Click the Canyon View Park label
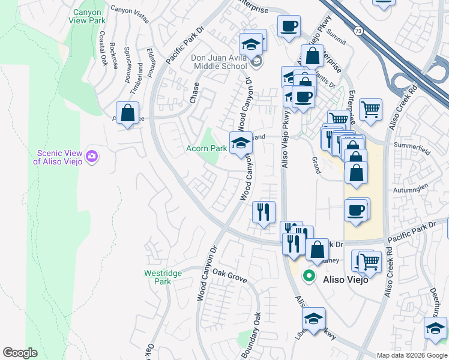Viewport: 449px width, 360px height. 89,17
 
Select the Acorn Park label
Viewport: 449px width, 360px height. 205,148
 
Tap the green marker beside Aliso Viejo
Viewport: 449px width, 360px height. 309,276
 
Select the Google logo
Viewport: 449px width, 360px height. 20,353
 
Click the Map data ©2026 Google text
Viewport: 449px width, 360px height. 412,355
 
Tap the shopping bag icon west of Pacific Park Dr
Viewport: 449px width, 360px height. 127,112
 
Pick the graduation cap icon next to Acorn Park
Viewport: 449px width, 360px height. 241,143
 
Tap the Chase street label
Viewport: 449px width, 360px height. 194,93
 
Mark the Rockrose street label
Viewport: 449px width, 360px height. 114,55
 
